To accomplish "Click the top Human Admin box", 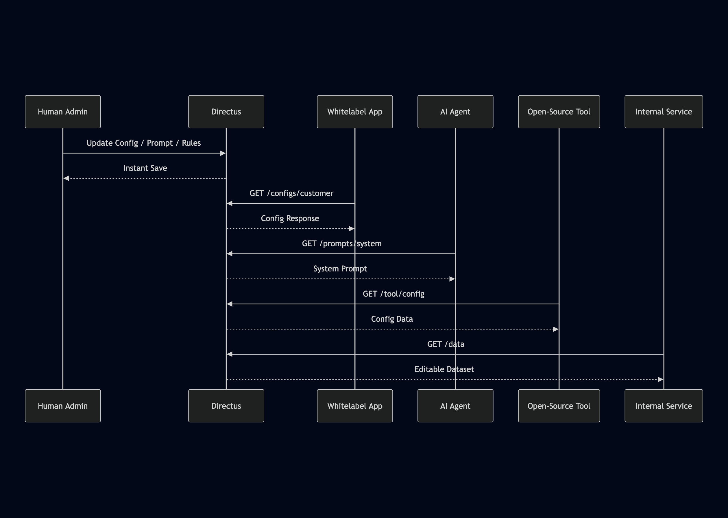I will click(x=63, y=112).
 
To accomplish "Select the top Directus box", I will click(x=226, y=112).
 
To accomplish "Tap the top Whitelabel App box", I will click(x=355, y=112).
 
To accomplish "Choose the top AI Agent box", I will click(x=455, y=112).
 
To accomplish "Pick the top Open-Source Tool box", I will click(x=559, y=112).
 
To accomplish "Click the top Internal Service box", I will click(x=664, y=112).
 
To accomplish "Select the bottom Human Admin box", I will click(x=63, y=406).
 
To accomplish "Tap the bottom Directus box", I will click(x=226, y=406).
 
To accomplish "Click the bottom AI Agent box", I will click(x=455, y=406).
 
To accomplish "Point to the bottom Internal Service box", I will click(x=664, y=406).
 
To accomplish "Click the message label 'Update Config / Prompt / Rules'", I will click(x=144, y=143).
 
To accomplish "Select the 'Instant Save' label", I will click(x=145, y=168).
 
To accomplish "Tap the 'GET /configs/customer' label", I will click(x=291, y=193).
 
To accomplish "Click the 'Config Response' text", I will click(x=290, y=219).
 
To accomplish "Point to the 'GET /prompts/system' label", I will click(x=341, y=244).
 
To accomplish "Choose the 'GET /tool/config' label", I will click(x=393, y=294).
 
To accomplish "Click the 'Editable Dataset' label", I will click(x=444, y=369).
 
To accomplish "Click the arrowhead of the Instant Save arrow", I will click(x=66, y=178).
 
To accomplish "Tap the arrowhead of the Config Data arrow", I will click(x=555, y=329).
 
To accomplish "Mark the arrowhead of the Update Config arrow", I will click(x=223, y=153).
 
